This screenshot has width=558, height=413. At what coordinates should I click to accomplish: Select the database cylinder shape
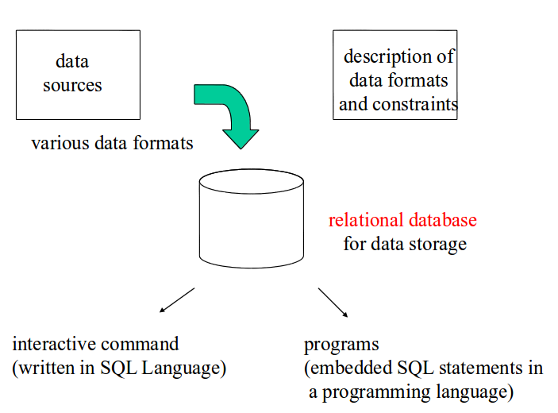[252, 218]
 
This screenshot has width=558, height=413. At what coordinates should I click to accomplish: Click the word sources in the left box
[72, 86]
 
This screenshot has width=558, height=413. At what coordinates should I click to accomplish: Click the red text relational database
[402, 220]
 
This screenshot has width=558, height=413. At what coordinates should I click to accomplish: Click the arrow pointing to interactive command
[177, 300]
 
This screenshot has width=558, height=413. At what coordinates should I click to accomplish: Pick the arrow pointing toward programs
[333, 303]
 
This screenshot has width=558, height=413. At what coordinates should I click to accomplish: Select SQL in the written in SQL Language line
[118, 368]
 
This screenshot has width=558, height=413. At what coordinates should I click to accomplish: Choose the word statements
[479, 368]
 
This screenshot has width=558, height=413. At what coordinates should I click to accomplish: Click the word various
[60, 143]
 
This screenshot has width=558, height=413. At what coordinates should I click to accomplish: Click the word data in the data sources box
[72, 61]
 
